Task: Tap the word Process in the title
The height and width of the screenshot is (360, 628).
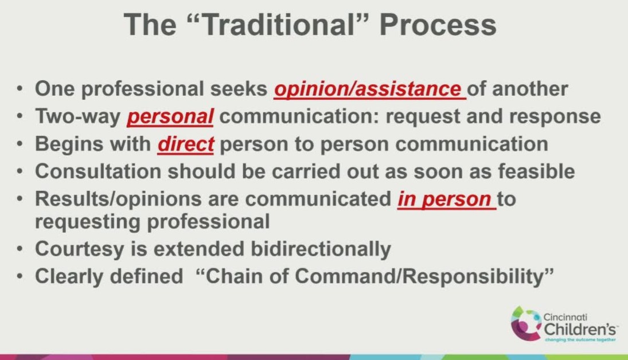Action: point(438,25)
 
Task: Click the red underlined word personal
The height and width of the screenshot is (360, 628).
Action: point(170,116)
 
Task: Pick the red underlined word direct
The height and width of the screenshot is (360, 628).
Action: point(186,144)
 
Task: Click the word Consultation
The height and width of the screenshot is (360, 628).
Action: point(98,171)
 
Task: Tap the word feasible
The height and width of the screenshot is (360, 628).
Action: point(536,171)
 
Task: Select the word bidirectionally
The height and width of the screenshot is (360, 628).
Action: point(321,249)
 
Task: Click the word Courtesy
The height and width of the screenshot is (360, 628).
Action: point(80,249)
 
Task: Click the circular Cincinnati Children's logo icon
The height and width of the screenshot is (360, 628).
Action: point(526,323)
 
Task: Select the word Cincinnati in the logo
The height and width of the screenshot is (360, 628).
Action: point(565,317)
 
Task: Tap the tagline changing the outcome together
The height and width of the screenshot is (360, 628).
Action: point(580,339)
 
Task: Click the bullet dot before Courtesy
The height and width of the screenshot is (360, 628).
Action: point(20,249)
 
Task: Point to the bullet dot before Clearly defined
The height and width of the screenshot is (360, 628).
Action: point(20,276)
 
